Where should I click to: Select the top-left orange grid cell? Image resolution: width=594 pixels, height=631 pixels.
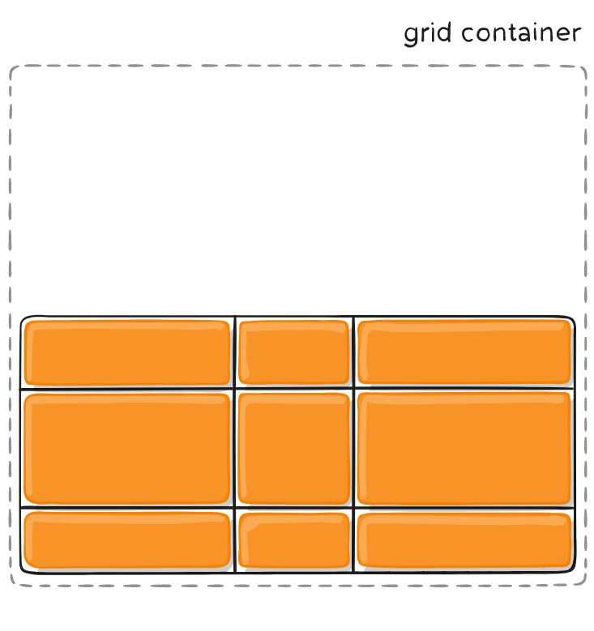click(127, 352)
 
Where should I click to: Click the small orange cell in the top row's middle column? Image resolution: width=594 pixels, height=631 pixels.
click(294, 352)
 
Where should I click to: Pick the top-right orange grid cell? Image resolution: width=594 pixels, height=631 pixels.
click(464, 352)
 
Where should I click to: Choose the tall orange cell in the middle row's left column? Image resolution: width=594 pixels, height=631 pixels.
click(127, 448)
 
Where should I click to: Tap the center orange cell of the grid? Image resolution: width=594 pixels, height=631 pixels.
click(294, 448)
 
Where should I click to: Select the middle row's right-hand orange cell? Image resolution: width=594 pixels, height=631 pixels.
click(464, 448)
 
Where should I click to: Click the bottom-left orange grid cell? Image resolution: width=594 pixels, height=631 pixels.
click(127, 539)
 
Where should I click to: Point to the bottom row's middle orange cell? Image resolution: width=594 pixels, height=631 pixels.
click(294, 539)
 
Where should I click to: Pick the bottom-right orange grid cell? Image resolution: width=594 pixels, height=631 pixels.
click(464, 539)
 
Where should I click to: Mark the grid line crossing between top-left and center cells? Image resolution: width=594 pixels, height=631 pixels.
click(235, 389)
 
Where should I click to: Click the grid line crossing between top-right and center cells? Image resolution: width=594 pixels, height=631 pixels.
click(353, 389)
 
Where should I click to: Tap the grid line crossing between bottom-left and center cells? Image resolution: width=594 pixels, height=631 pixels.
click(235, 508)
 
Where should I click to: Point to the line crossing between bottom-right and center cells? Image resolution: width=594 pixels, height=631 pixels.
click(353, 508)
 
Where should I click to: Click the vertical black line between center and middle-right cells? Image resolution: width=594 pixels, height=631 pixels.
click(353, 448)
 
